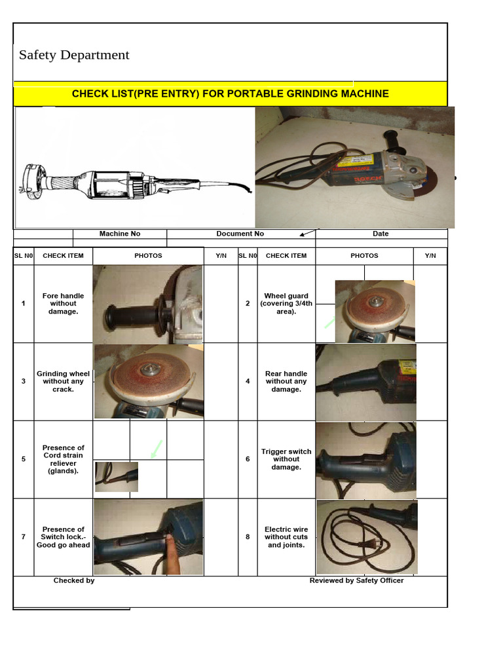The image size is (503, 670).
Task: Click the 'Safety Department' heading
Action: (74, 55)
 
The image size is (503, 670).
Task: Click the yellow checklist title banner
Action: (230, 94)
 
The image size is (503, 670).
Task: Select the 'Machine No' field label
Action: (120, 234)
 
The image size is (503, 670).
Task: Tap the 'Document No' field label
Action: (240, 234)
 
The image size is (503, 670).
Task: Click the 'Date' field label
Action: (381, 234)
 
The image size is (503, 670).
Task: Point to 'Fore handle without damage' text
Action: (64, 304)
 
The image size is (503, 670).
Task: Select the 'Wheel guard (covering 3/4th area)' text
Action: (286, 304)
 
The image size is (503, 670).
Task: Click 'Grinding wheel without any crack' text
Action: (64, 381)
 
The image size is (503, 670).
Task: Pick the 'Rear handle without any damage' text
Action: (286, 381)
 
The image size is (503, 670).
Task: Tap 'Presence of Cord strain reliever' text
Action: (64, 459)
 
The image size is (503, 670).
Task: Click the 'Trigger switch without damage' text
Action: (286, 459)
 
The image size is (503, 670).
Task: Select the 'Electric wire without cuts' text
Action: (286, 537)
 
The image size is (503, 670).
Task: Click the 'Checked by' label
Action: (74, 580)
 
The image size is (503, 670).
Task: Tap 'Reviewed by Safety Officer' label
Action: (356, 580)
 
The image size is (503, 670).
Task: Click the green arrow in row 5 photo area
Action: (156, 450)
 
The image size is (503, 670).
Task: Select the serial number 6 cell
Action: (248, 459)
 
